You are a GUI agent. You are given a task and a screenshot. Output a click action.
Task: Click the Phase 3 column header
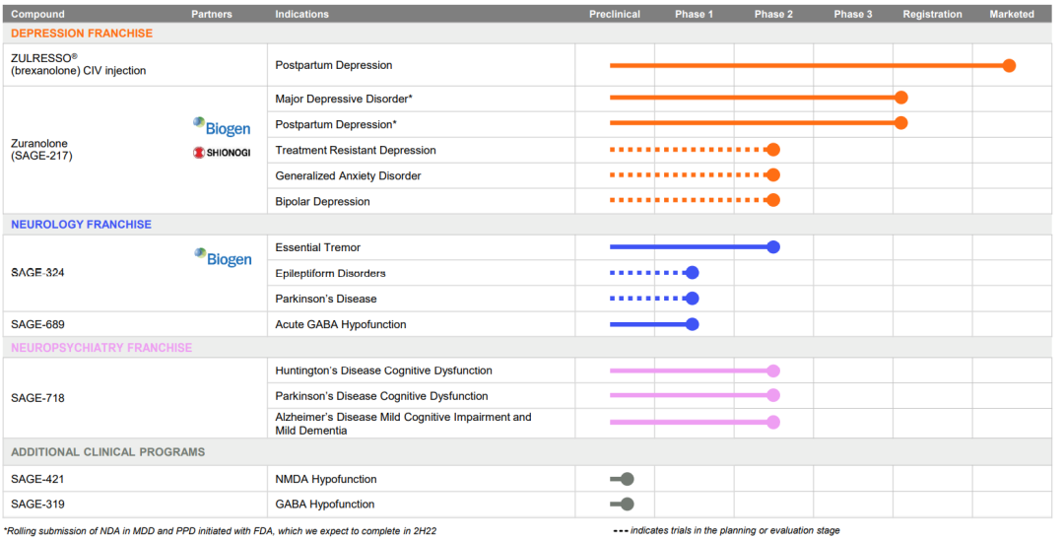click(x=852, y=15)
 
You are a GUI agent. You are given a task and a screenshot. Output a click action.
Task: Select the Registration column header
click(x=932, y=15)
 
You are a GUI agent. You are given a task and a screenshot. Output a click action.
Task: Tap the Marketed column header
click(x=1012, y=15)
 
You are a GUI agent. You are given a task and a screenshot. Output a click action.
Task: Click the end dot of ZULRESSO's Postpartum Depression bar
click(x=1009, y=66)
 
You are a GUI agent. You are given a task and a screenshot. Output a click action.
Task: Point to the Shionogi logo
click(x=222, y=153)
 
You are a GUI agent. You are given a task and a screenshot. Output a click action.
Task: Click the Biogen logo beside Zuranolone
click(x=222, y=127)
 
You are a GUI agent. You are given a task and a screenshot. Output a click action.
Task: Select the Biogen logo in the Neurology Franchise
click(x=222, y=258)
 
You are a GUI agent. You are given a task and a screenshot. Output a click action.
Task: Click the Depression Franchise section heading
click(x=82, y=34)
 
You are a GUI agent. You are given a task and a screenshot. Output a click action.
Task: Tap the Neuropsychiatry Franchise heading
click(x=101, y=348)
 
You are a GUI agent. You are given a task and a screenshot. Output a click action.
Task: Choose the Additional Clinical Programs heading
click(x=108, y=452)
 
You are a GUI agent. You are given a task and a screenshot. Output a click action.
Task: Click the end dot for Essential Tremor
click(x=773, y=247)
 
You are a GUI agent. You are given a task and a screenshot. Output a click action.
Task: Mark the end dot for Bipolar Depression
click(x=773, y=200)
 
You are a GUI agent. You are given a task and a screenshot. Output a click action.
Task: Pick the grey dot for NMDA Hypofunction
click(x=628, y=479)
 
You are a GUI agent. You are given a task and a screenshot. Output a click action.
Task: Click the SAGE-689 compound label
click(x=37, y=324)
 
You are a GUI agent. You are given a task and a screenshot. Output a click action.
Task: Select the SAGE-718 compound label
click(x=37, y=398)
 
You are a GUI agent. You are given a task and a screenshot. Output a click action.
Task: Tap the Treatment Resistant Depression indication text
click(x=356, y=151)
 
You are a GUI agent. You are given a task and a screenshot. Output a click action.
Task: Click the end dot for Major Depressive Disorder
click(x=900, y=98)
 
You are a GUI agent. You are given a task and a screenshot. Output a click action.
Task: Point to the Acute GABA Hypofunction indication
click(x=341, y=324)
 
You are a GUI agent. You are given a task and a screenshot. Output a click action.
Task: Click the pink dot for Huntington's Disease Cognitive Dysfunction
click(x=773, y=371)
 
